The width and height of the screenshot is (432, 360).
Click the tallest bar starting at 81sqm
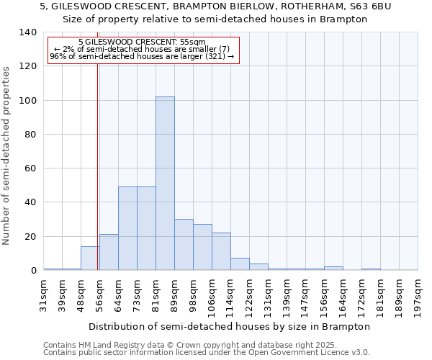(x=165, y=184)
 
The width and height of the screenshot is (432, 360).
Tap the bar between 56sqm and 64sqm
(x=109, y=252)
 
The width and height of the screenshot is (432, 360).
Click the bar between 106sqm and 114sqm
(x=221, y=251)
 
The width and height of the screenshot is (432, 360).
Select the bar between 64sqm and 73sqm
(x=127, y=228)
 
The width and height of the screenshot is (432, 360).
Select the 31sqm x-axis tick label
(x=44, y=295)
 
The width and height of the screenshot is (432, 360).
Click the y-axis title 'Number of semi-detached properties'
(x=6, y=155)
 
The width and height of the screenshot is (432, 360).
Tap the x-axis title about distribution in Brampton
(x=230, y=326)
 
